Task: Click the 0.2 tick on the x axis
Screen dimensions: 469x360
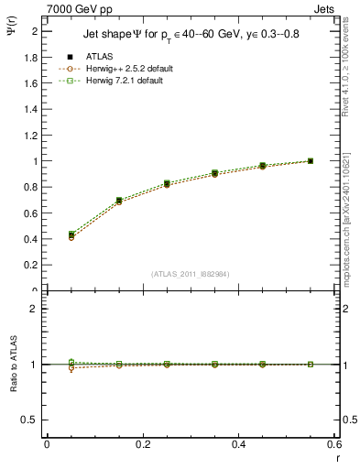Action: (142, 444)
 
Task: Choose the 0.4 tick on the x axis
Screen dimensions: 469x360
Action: (238, 444)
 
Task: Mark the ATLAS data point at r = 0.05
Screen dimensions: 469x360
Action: (71, 235)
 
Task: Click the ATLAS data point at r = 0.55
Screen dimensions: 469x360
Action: (311, 161)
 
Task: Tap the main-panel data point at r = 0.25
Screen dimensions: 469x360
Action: (167, 184)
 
